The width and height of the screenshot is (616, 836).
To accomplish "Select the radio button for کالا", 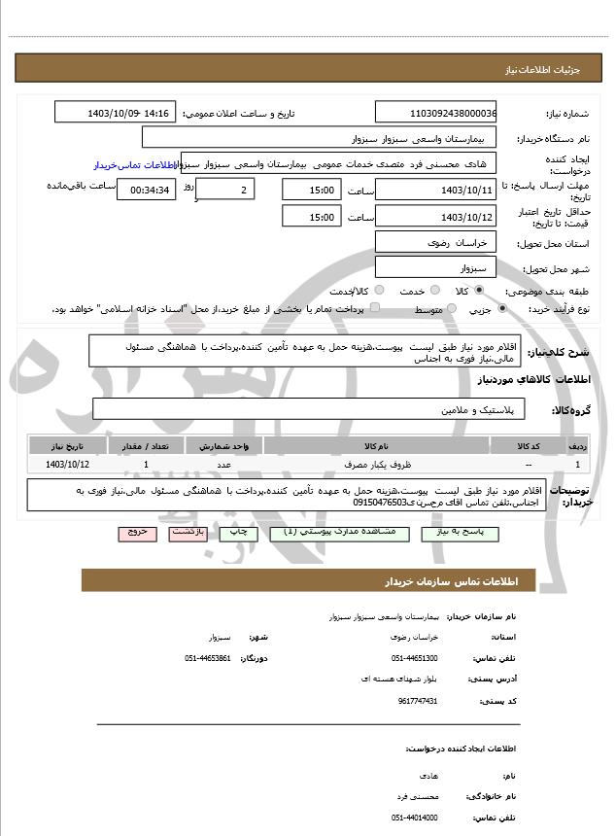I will tap(479, 291).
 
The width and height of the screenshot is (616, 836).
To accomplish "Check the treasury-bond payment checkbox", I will tap(375, 308).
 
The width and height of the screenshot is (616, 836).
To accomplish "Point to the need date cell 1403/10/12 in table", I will tap(67, 466).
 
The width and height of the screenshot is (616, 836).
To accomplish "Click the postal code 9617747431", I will tap(418, 700).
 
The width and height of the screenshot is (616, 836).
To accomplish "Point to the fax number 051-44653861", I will tap(207, 658).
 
